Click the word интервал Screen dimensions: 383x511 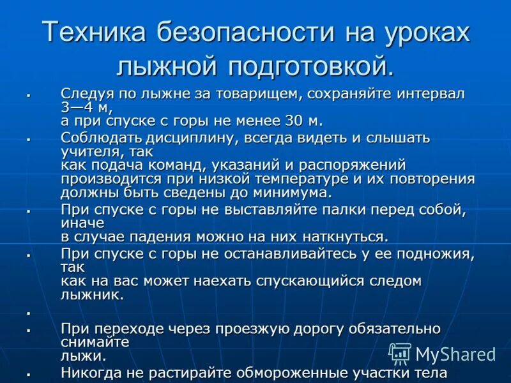(x=431, y=94)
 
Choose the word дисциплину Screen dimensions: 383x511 (x=199, y=138)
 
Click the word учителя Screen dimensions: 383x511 (x=89, y=152)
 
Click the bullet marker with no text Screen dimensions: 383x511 (x=29, y=313)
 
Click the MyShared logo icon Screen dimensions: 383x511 (x=400, y=353)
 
